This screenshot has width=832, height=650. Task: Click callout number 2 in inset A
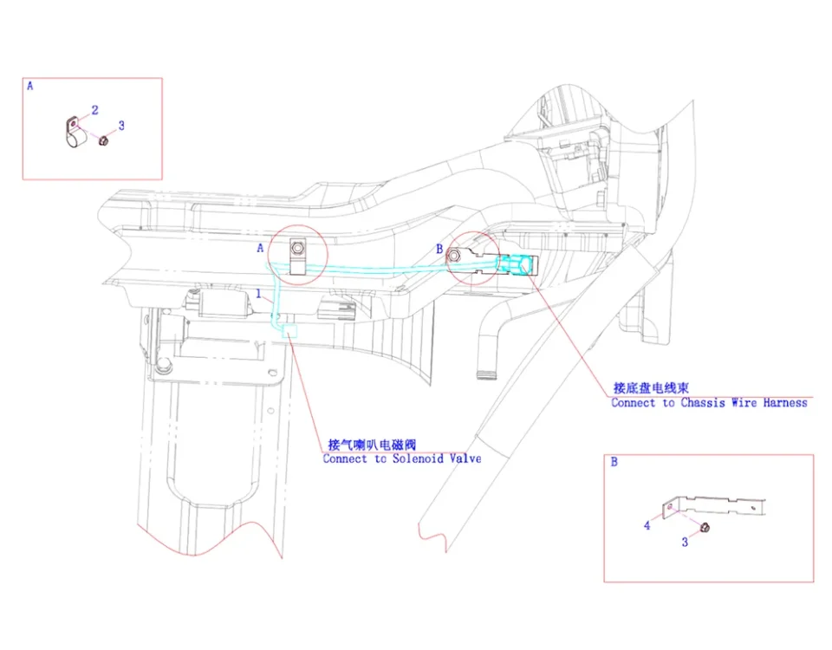coord(94,110)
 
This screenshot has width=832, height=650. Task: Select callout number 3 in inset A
coord(121,126)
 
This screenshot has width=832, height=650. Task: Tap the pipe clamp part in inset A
coord(74,133)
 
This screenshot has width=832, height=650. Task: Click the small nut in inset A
coord(102,140)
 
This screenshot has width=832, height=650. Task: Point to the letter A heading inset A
coord(30,87)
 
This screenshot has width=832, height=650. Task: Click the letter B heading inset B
coord(614,463)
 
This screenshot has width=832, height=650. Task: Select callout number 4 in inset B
coord(647,526)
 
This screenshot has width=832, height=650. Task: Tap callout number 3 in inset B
coord(685,543)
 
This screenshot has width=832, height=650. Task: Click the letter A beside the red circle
coord(260,248)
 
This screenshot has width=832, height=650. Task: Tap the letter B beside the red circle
coord(439,250)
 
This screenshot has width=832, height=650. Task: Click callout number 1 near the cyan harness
coord(257,295)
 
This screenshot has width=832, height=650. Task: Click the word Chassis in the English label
coord(703,403)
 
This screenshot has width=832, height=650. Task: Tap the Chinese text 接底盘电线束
coord(650,388)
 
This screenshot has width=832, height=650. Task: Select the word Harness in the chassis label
coord(785,403)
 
